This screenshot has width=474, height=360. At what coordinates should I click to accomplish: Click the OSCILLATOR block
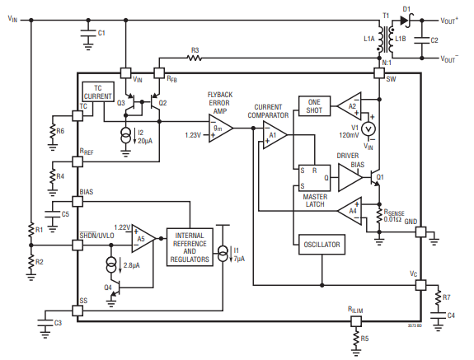[321, 245]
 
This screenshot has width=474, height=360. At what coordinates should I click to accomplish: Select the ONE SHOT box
[314, 106]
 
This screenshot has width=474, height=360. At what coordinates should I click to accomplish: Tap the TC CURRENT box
[98, 91]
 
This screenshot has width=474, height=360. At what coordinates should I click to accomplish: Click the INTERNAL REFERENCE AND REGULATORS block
[190, 247]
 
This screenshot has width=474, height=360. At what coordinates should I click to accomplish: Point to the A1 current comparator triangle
[275, 135]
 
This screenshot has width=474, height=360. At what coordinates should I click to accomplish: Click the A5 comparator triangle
[143, 239]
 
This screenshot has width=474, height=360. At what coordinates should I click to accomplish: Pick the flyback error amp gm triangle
[221, 129]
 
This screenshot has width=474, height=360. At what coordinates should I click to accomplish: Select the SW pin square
[379, 72]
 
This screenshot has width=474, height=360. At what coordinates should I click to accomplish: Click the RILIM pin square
[356, 321]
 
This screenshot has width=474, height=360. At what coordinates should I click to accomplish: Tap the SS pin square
[77, 311]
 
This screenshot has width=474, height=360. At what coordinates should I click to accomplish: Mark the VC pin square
[420, 285]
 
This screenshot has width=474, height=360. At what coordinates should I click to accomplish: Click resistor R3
[195, 58]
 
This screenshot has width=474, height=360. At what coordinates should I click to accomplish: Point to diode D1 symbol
[406, 21]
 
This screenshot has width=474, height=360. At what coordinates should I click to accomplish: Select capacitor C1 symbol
[88, 33]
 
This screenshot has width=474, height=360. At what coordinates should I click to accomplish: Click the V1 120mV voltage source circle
[368, 129]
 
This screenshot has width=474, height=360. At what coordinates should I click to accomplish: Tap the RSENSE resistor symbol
[379, 217]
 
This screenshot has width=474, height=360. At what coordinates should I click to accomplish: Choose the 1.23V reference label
[193, 135]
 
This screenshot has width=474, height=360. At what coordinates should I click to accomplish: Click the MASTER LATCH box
[314, 178]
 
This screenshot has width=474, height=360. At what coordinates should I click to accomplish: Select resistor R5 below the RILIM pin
[356, 339]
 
